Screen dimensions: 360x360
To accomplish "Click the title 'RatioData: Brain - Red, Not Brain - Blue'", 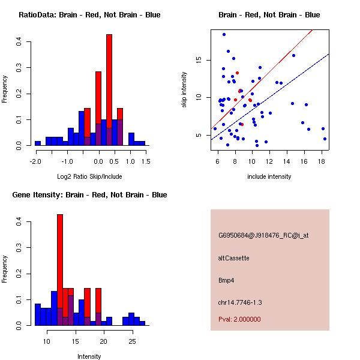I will (x=89, y=15).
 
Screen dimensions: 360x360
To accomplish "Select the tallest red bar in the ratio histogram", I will (x=109, y=90).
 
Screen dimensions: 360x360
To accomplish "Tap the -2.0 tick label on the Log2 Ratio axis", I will (x=35, y=161).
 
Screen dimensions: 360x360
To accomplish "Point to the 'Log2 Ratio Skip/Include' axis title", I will (x=89, y=176).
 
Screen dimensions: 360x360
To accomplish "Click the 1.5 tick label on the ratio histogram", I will (x=145, y=161).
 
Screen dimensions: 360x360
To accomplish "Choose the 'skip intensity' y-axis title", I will (x=184, y=90).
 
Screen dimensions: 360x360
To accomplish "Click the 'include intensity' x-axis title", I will (x=269, y=176).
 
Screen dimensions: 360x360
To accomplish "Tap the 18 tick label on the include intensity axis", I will (x=321, y=161).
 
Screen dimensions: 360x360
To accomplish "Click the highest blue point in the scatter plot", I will (x=224, y=34).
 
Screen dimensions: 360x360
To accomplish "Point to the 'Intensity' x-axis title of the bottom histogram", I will (x=89, y=356).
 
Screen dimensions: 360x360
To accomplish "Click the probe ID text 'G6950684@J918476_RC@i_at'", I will (x=263, y=236).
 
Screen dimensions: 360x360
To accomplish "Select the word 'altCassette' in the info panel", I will (x=233, y=258).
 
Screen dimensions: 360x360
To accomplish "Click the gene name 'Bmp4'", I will (x=226, y=280).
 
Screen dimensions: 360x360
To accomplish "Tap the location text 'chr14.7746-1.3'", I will (x=240, y=302).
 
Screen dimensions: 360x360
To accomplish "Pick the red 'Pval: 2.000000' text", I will (x=239, y=319).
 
